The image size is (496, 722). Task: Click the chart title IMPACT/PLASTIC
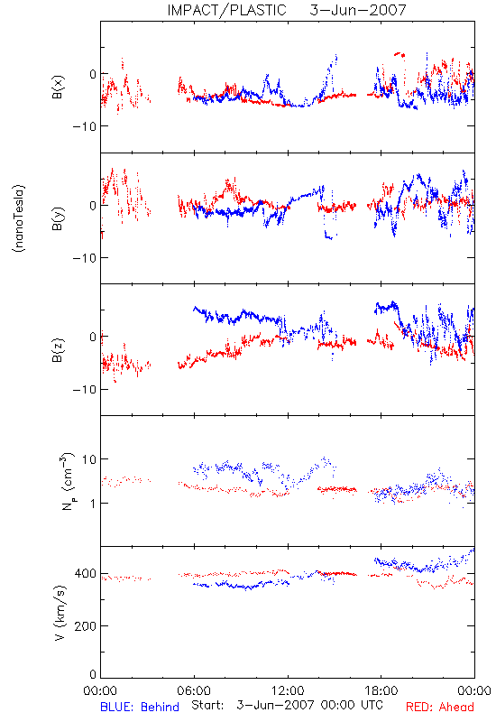click(x=227, y=10)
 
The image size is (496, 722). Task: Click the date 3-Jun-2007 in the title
click(x=358, y=10)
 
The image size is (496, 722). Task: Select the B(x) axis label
click(x=58, y=88)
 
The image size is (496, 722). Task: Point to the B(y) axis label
click(x=58, y=218)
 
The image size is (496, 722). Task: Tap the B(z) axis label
click(x=58, y=350)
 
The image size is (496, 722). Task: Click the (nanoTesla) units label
click(x=19, y=218)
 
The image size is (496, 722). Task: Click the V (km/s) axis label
click(x=60, y=614)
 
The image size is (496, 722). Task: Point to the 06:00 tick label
click(x=194, y=690)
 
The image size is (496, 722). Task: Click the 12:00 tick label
click(x=288, y=690)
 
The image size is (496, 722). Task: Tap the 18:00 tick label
click(x=381, y=690)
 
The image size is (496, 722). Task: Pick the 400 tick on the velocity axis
click(x=85, y=574)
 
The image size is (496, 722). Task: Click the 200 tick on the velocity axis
click(x=85, y=626)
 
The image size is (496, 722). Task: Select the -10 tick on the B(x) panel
click(x=84, y=126)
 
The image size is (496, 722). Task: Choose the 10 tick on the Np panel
click(x=89, y=459)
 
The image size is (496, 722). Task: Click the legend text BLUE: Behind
click(x=140, y=707)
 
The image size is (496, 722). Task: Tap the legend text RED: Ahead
click(x=440, y=707)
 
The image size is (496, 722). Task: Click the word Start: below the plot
click(x=207, y=705)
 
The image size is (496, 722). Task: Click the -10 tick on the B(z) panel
click(x=84, y=390)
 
